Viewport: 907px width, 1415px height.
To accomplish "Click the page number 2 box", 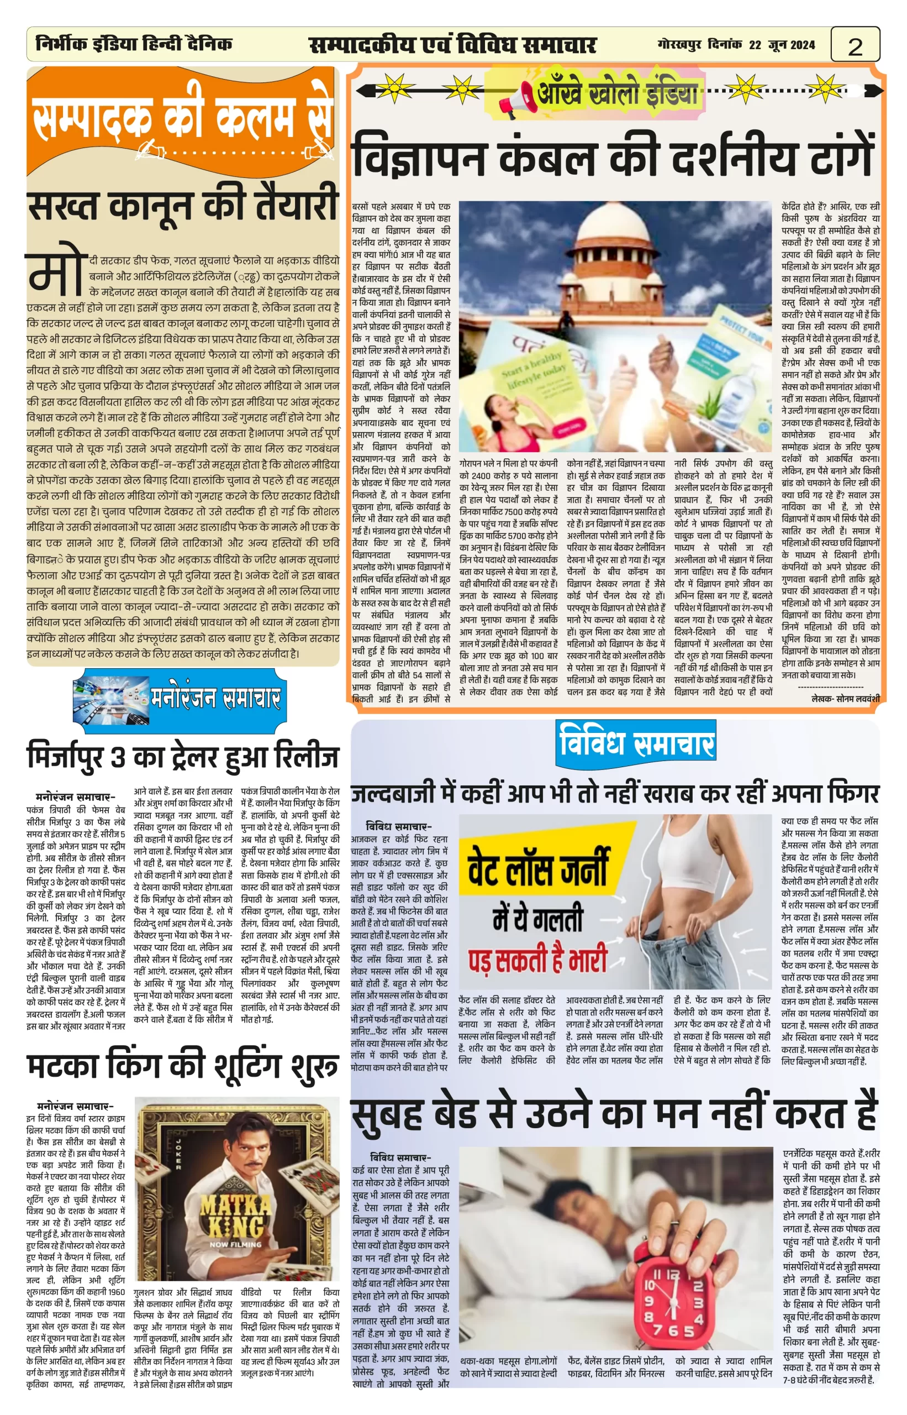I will [855, 45].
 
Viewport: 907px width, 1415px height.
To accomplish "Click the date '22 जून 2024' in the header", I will [782, 45].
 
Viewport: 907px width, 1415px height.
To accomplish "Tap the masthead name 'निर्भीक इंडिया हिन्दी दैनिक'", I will [134, 44].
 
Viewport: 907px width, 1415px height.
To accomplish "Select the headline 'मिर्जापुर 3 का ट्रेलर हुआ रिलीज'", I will [183, 757].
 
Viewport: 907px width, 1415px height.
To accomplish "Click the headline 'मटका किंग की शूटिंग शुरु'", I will [183, 1067].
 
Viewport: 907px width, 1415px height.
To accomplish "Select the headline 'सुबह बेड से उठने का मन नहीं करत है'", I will [614, 1114].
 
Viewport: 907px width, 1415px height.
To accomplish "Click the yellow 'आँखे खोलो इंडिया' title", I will [617, 93].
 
